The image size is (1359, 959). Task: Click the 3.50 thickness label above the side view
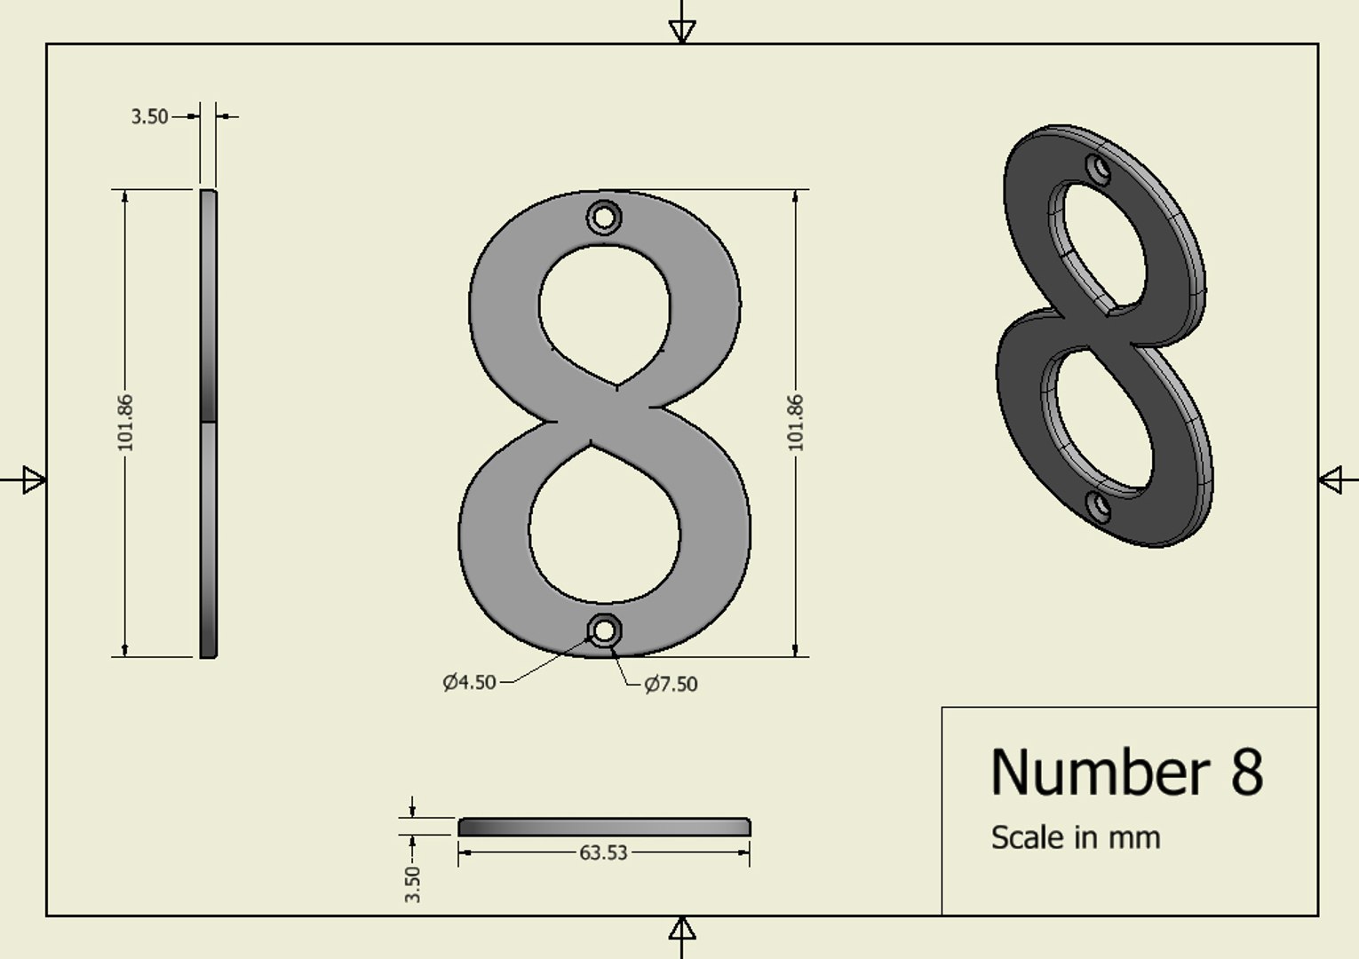point(149,116)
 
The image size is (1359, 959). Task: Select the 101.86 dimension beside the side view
point(125,423)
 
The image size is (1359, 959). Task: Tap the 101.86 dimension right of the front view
point(795,423)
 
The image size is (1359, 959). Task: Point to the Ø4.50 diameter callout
point(470,682)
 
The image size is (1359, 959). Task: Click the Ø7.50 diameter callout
point(671,684)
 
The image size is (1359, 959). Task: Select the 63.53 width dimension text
point(603,852)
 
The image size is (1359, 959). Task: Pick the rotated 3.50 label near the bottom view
point(412,884)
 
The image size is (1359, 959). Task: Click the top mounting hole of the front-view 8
point(604,217)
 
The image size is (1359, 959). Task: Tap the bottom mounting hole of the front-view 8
point(604,630)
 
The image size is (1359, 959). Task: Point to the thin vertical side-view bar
point(208,423)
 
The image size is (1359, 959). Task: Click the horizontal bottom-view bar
point(604,827)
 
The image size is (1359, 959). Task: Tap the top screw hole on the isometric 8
point(1100,169)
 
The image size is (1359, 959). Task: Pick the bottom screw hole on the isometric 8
point(1100,507)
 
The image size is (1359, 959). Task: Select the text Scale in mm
point(1075,837)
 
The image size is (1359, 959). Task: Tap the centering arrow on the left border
point(34,480)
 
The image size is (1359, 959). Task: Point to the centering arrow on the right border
point(1330,480)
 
